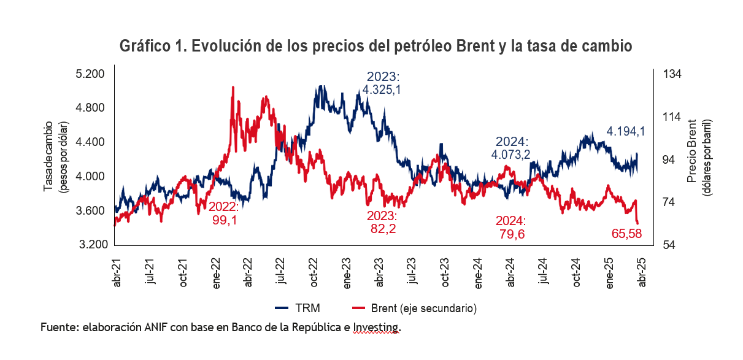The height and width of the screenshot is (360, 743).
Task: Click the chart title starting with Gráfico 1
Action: [376, 47]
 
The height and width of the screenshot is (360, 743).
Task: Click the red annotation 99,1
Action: [223, 221]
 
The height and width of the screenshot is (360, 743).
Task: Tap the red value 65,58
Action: [627, 233]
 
